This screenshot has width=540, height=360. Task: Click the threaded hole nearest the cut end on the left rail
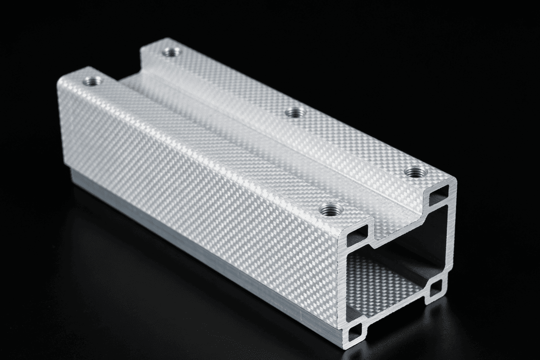coord(332,209)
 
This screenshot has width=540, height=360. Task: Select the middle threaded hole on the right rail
coord(295,113)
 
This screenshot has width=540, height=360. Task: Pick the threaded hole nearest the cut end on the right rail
coord(413,171)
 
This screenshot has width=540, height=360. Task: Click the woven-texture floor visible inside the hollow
coord(379,283)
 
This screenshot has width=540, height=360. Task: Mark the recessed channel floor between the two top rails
coord(240,130)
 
